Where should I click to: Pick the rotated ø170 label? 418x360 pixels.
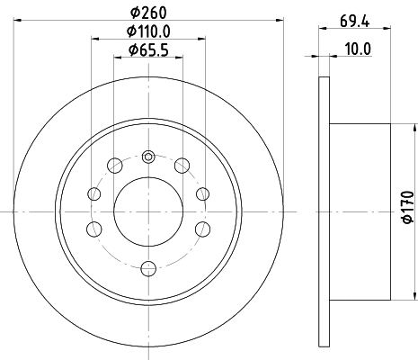[x=406, y=206]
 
